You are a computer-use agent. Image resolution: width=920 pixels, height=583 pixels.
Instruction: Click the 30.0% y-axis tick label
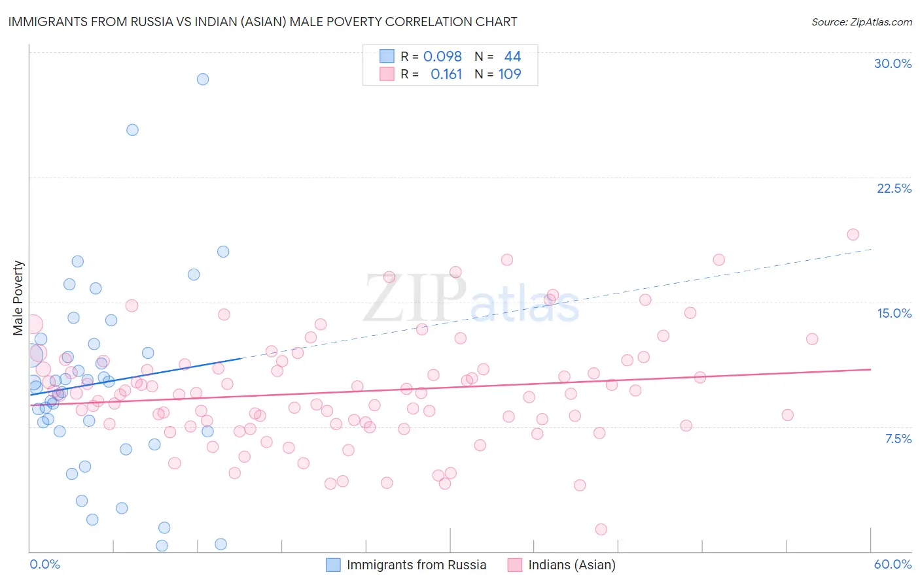coord(893,63)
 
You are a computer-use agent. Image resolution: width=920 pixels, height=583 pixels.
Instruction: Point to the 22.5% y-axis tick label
coord(894,188)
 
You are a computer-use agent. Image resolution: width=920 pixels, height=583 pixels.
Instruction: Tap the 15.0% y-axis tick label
coord(894,313)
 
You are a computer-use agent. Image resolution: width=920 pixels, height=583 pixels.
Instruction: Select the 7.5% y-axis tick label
coord(898,439)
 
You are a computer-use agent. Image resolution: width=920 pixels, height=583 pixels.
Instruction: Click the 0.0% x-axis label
coord(44,564)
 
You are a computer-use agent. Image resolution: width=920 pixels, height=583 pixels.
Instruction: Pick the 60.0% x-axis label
coord(893,564)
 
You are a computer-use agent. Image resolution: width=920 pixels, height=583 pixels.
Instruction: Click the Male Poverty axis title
coord(18,298)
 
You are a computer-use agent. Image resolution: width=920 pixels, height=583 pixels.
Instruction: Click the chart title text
coord(262,22)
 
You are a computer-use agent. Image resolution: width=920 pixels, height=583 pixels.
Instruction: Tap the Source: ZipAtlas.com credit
coord(861,22)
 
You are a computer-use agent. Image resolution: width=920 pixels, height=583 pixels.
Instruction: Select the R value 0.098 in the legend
coord(442,56)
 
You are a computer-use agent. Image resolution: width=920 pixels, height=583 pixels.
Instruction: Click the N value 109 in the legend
coord(509,74)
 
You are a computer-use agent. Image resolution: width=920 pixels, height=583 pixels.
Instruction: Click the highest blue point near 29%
coord(203,79)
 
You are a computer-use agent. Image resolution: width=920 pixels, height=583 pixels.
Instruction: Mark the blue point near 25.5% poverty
coord(132,130)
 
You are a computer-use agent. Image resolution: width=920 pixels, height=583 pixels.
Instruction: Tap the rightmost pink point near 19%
coord(853,235)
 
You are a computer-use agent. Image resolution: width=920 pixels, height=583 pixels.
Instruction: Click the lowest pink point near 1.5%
coord(601,529)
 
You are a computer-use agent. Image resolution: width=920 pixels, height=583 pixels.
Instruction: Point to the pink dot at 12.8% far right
coord(812,339)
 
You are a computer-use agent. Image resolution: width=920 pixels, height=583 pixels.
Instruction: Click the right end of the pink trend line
coord(870,369)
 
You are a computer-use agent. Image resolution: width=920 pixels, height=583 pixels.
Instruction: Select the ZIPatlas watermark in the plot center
coord(471,299)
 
